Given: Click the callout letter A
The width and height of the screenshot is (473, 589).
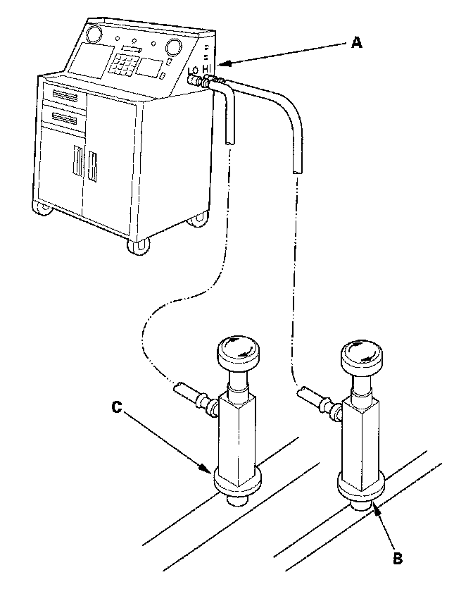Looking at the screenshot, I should click(x=357, y=43).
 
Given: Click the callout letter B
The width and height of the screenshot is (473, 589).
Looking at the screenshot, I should click(x=397, y=559).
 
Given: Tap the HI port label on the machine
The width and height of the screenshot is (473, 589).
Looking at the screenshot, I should click(x=207, y=68).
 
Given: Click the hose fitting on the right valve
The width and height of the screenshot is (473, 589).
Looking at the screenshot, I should click(x=315, y=399).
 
